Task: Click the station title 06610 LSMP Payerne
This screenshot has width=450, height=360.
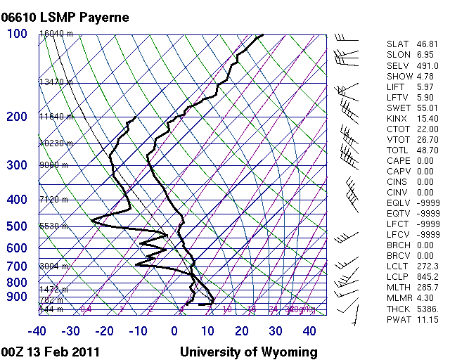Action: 66,17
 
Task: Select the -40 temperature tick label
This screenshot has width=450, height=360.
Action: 37,331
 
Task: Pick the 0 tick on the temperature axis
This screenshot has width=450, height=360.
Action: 174,331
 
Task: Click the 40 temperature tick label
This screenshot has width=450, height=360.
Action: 309,331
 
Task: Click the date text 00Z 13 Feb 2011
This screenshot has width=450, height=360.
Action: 50,352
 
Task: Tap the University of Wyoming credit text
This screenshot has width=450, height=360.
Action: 249,352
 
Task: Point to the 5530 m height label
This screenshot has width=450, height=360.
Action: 53,226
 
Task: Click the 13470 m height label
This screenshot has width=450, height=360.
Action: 56,82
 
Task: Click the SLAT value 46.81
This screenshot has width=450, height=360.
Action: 425,44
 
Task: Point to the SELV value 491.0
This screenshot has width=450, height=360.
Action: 425,65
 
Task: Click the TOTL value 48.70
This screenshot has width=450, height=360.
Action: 425,150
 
